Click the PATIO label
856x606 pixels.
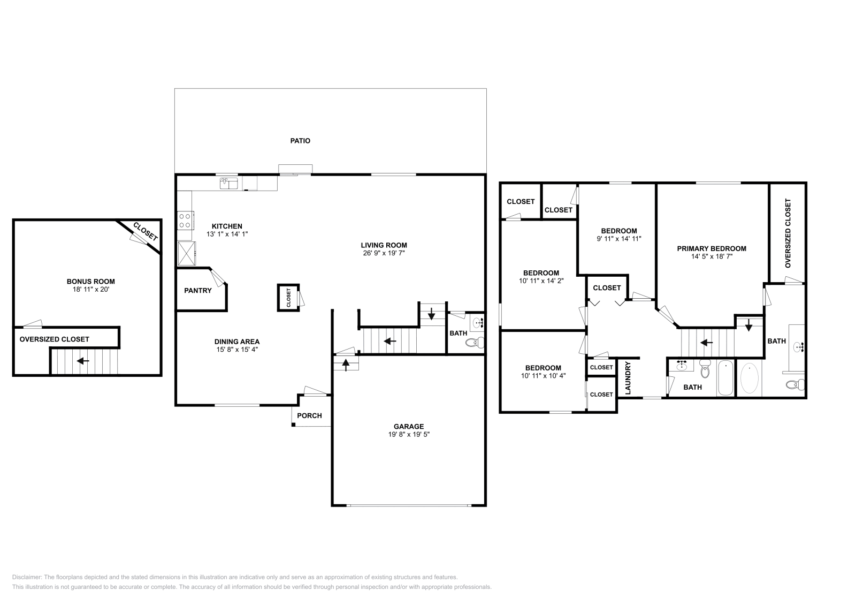coord(300,141)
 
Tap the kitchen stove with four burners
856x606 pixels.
coord(185,220)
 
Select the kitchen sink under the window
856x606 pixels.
coord(228,184)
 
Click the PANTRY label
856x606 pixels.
coord(198,291)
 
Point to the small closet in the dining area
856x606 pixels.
coord(288,298)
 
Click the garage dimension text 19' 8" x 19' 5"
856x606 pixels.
coord(409,435)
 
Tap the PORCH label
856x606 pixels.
coord(310,416)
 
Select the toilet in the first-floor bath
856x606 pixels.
coord(474,343)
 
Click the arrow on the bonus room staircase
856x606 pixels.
coord(83,361)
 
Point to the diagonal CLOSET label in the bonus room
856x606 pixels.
coord(145,231)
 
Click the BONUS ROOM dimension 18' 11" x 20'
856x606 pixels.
coord(90,289)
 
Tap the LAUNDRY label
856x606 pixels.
coord(628,378)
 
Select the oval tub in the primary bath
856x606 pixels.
coord(749,378)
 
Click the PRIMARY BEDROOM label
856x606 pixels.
coord(712,248)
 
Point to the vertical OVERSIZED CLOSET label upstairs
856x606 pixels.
coord(788,233)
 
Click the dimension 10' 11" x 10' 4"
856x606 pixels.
coord(543,376)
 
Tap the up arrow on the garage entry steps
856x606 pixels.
coord(346,365)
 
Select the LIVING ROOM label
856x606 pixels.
coord(384,245)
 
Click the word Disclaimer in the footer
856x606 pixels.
coord(26,577)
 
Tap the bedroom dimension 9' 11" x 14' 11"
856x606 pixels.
coord(618,239)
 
